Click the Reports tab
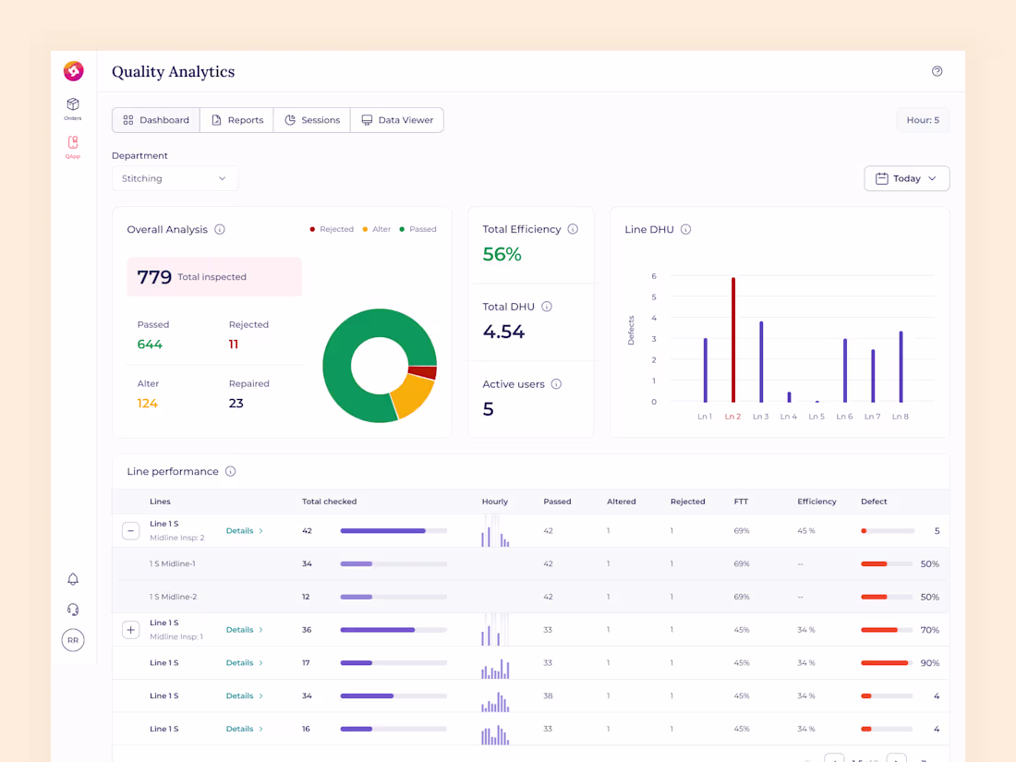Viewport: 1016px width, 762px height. point(236,120)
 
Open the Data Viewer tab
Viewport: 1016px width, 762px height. point(397,120)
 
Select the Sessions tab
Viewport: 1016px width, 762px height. point(312,120)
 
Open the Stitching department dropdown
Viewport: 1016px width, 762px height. point(175,178)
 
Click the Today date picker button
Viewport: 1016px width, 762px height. point(906,178)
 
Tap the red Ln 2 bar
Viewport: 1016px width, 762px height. point(733,340)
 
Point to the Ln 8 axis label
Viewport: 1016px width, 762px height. point(900,417)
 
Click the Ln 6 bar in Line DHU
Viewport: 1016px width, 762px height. point(844,370)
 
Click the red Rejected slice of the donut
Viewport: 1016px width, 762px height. point(423,373)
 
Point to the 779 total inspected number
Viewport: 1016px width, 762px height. point(154,277)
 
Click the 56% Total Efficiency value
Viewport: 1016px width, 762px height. point(502,255)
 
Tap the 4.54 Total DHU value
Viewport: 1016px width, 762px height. point(503,332)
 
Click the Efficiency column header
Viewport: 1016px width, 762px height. point(816,502)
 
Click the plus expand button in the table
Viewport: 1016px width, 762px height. point(130,630)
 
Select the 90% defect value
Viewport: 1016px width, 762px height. point(929,663)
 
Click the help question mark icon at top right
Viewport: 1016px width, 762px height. point(937,71)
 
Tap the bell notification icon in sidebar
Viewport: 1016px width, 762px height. point(73,579)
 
